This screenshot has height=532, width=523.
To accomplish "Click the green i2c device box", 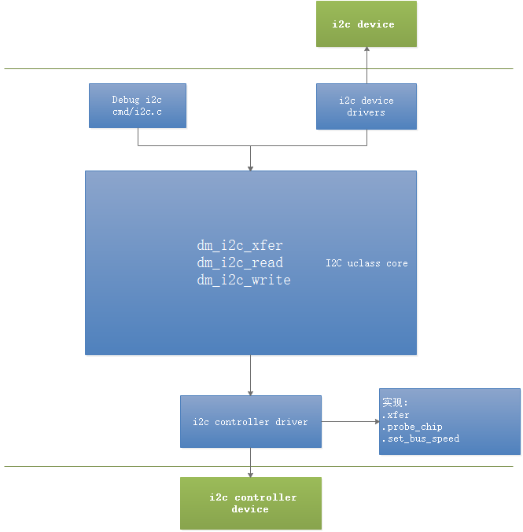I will (x=366, y=24).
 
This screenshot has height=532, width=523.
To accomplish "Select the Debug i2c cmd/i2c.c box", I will (x=138, y=105).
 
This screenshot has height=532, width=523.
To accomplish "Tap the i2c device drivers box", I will (x=366, y=106).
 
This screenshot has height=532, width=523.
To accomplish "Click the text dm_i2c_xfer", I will (x=239, y=245).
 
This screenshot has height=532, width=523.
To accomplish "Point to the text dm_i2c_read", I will (x=239, y=262).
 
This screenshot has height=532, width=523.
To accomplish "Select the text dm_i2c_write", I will (x=243, y=280).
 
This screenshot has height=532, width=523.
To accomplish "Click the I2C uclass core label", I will (x=366, y=263).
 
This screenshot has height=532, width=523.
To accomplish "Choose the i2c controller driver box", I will (x=250, y=422).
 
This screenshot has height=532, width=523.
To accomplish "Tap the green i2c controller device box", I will (x=250, y=503).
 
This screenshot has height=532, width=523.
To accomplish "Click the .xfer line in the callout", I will (x=396, y=415).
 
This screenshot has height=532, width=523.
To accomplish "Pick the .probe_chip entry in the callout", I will (x=412, y=427).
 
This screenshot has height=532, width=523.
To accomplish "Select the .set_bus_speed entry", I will (x=420, y=438).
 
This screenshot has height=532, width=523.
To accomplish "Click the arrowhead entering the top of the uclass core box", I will (x=250, y=167).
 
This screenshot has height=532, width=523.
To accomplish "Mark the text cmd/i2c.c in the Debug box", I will (x=138, y=112).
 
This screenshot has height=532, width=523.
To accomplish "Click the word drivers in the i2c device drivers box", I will (x=366, y=112).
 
